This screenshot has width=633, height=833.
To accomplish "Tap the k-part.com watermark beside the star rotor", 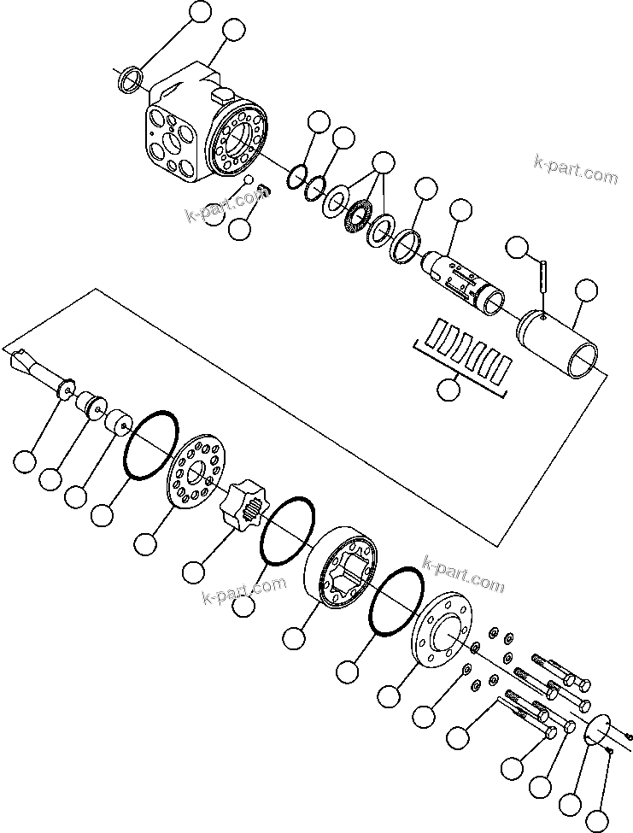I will coord(243,591).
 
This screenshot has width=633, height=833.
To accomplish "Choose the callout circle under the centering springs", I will coord(448,390).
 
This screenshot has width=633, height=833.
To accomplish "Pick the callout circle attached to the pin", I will coord(518,248).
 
